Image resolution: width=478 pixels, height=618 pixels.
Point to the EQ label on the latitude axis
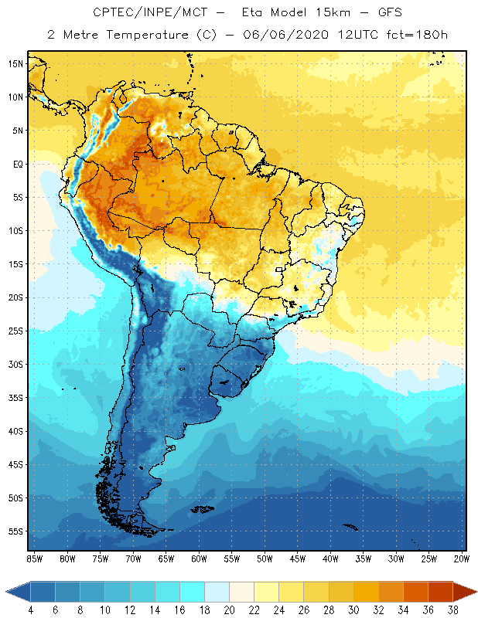coord(15,164)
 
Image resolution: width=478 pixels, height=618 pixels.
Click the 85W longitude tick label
coord(34,559)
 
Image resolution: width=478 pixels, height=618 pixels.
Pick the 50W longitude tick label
coord(265,559)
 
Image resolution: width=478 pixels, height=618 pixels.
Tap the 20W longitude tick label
coord(462,559)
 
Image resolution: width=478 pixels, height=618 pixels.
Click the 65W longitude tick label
coord(166,559)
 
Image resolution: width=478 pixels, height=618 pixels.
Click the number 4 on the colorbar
coord(30,611)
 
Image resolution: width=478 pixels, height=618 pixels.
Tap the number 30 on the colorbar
coord(353,611)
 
